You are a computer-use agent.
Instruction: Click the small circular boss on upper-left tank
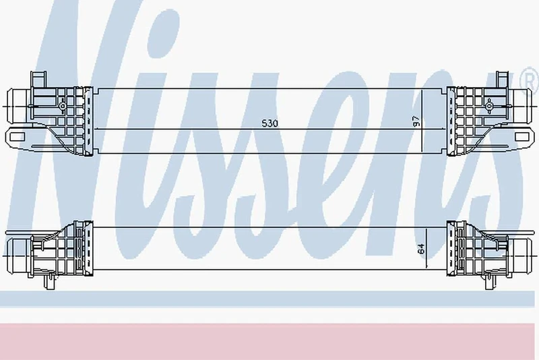point(62,106)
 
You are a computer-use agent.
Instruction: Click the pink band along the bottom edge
point(269,340)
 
